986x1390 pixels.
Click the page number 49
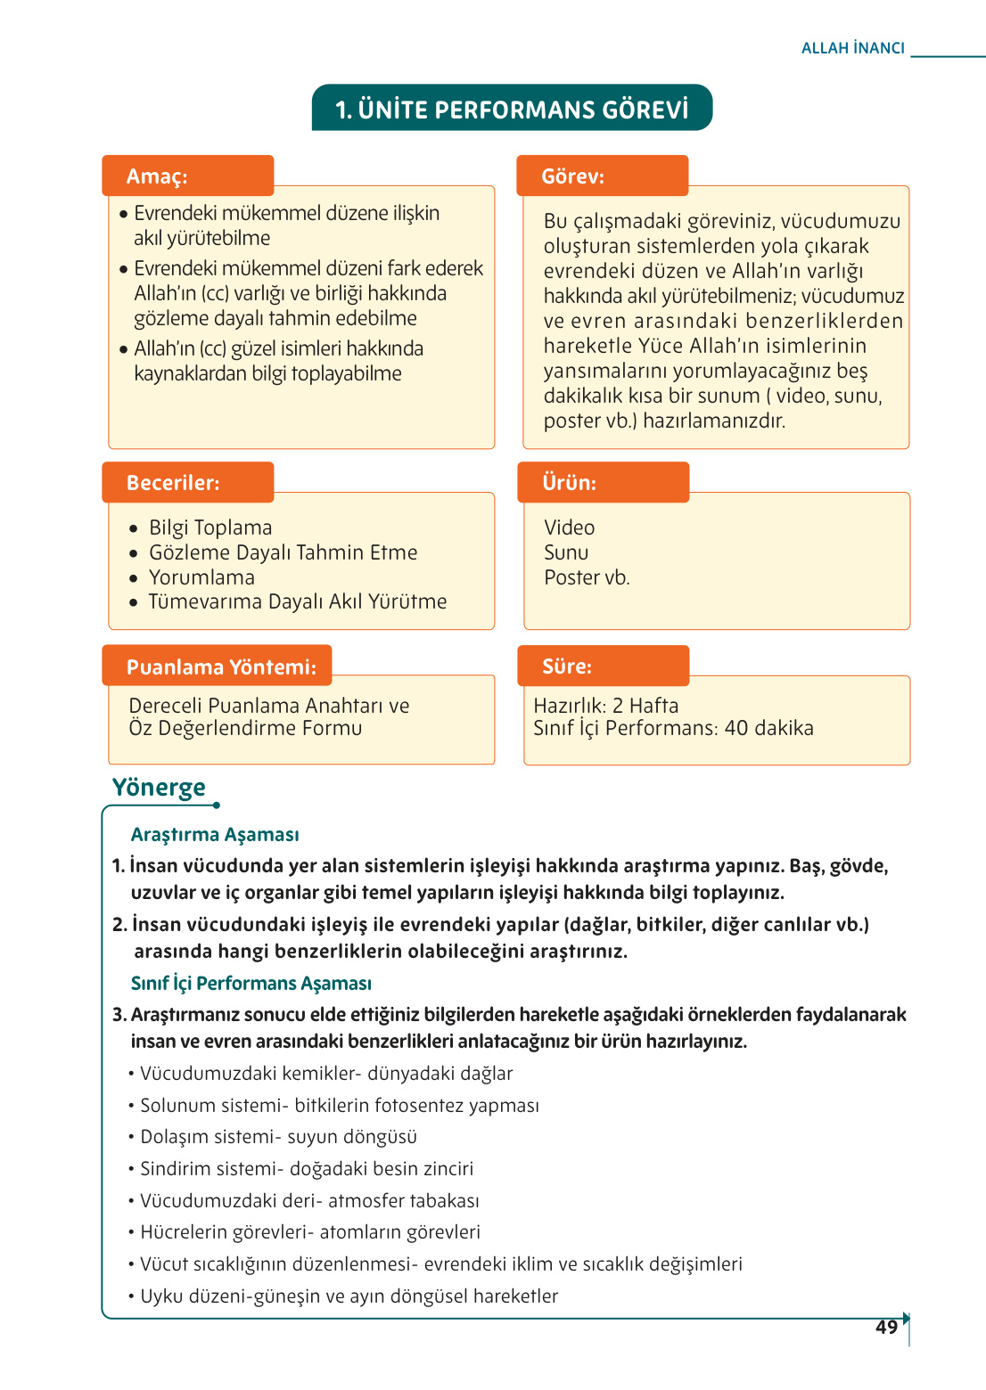(x=886, y=1327)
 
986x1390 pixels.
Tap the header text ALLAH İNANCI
(x=852, y=48)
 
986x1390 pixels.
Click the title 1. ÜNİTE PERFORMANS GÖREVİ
(x=512, y=110)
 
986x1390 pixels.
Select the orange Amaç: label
(x=158, y=176)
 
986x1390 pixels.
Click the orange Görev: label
(x=572, y=176)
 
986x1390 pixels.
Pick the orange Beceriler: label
(x=173, y=483)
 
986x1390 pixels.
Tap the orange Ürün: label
(x=569, y=483)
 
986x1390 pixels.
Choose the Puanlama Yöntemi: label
(x=221, y=667)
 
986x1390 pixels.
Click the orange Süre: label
(x=567, y=666)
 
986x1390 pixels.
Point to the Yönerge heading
(x=159, y=788)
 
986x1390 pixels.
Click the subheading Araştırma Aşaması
(x=215, y=835)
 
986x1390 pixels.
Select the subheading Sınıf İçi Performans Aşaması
(x=251, y=984)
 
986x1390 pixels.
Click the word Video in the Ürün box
(x=570, y=528)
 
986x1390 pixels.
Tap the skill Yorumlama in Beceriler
(x=201, y=577)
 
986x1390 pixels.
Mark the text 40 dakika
(x=768, y=729)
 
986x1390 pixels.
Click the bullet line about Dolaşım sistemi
(x=278, y=1137)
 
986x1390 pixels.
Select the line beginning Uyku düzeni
(x=349, y=1296)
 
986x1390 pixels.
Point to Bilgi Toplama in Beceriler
(x=210, y=528)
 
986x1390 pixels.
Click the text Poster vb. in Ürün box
(x=587, y=578)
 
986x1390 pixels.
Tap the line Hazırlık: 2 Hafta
(x=606, y=706)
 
